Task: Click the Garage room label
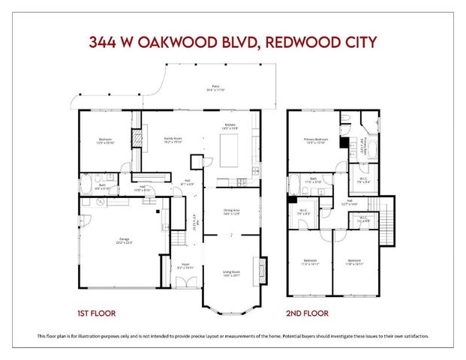pos(124,239)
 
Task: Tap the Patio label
pos(215,88)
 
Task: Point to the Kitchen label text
pos(230,125)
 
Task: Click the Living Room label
pos(231,272)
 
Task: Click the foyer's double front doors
pos(182,282)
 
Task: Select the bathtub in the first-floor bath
pos(86,187)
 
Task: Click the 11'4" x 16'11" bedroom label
pos(310,262)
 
